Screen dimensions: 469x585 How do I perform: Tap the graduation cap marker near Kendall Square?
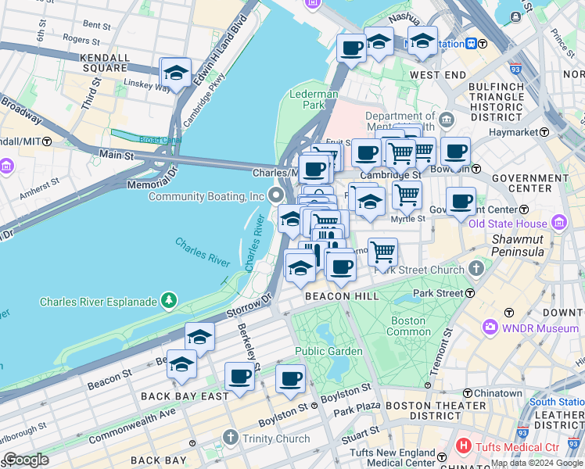pyautogui.click(x=175, y=74)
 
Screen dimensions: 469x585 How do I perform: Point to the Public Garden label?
pyautogui.click(x=328, y=351)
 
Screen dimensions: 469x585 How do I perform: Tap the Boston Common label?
pyautogui.click(x=408, y=326)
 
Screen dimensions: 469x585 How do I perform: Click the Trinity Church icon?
pyautogui.click(x=230, y=437)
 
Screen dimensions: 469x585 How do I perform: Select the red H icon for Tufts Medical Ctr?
pyautogui.click(x=464, y=447)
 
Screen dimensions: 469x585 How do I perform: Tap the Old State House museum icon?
pyautogui.click(x=558, y=224)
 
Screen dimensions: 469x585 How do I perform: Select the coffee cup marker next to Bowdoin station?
pyautogui.click(x=455, y=152)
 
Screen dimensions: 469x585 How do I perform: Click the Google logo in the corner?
pyautogui.click(x=26, y=460)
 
